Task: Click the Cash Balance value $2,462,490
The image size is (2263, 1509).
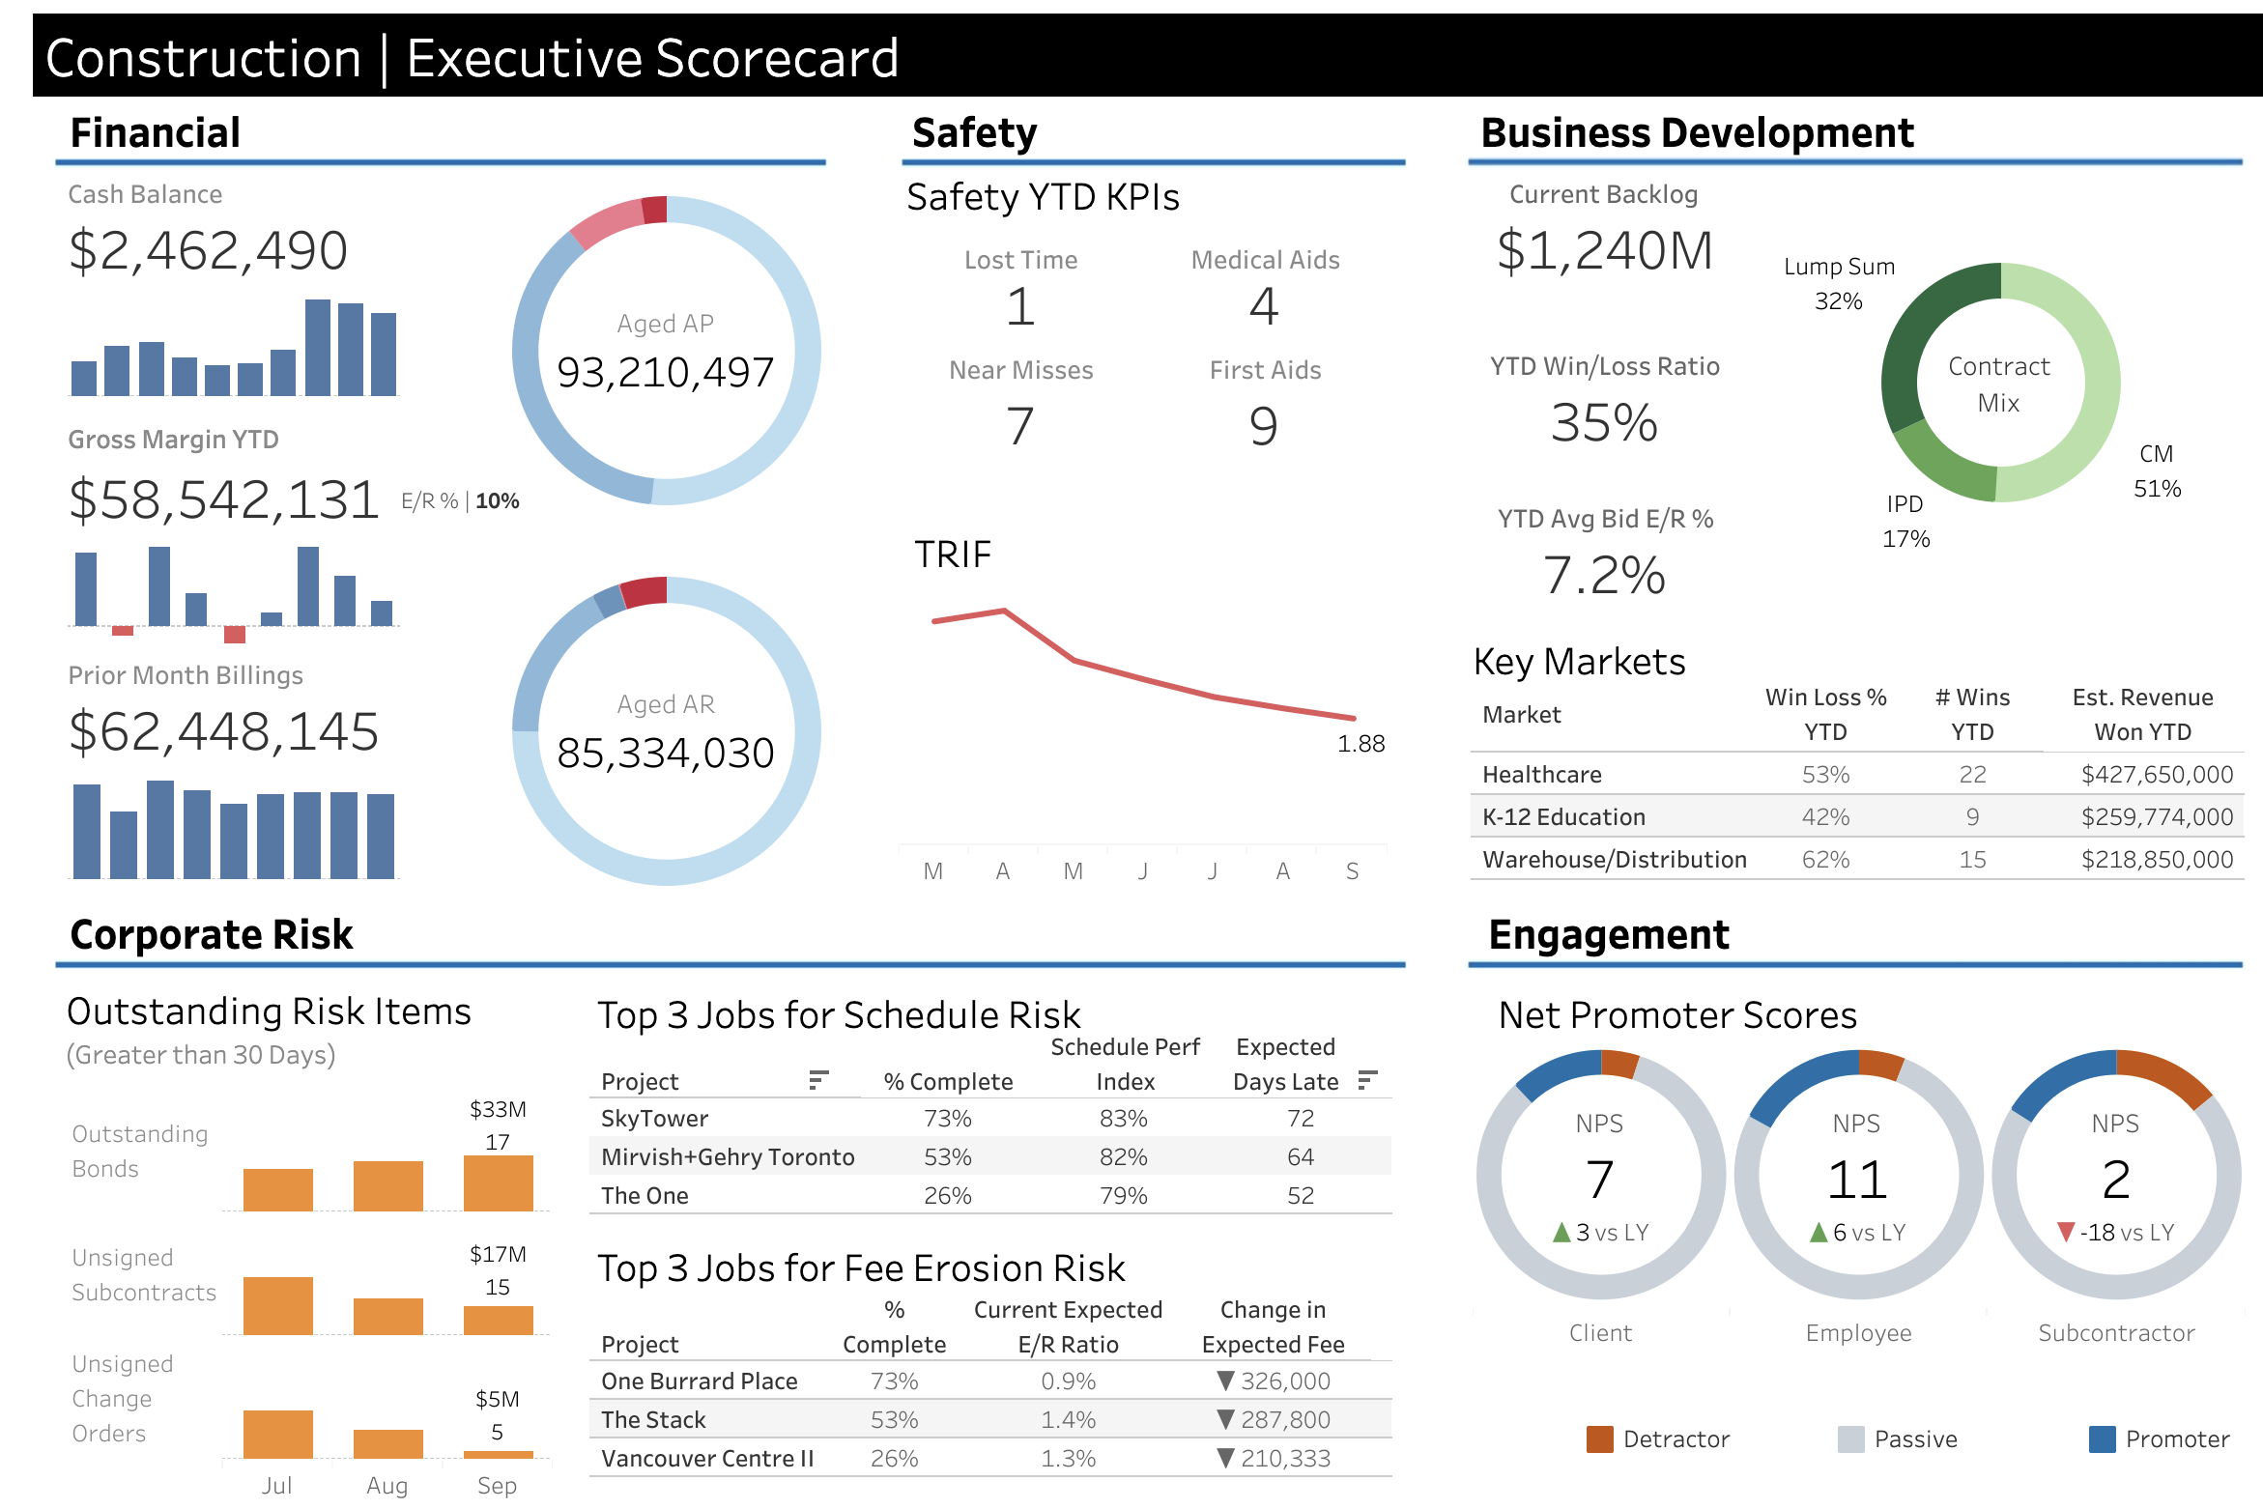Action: tap(208, 251)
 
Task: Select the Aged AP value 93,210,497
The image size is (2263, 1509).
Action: tap(665, 373)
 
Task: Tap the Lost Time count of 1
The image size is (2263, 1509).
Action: tap(1020, 307)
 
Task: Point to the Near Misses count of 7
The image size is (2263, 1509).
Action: tap(1020, 426)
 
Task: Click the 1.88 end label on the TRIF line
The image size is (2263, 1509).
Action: tap(1361, 744)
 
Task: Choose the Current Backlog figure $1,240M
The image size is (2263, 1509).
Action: tap(1604, 251)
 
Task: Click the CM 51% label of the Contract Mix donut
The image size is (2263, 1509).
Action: tap(2157, 471)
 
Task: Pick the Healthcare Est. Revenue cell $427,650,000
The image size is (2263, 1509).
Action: tap(2157, 775)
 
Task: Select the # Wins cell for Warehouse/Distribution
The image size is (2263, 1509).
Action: tap(1972, 860)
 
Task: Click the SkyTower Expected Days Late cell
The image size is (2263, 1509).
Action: tap(1300, 1119)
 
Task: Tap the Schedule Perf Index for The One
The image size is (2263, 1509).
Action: tap(1123, 1196)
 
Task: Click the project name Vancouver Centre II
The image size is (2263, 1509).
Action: tap(707, 1459)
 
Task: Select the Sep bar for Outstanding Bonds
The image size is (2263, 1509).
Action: tap(498, 1183)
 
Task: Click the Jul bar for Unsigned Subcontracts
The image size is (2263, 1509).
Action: tap(278, 1306)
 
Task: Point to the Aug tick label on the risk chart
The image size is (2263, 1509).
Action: tap(387, 1486)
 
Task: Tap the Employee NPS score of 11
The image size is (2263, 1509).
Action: tap(1857, 1180)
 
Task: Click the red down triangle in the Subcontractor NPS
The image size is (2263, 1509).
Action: tap(2066, 1232)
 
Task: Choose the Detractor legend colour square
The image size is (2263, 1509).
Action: tap(1600, 1439)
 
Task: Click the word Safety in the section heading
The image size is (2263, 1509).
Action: tap(974, 133)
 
